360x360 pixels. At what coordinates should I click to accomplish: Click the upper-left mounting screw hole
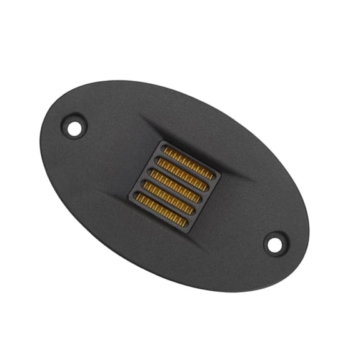tap(74, 129)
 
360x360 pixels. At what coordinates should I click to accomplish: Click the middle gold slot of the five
tap(175, 186)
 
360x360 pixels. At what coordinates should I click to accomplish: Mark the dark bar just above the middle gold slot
tap(179, 181)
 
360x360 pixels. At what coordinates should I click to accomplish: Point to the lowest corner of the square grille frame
tap(188, 232)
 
